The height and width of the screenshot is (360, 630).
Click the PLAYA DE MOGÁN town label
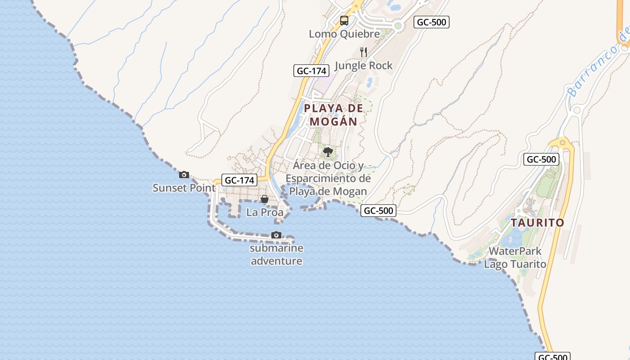pos(333,115)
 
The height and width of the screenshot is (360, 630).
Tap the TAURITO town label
pos(537,223)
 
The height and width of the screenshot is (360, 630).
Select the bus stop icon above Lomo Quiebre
pos(344,21)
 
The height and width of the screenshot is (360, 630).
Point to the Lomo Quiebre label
pos(344,34)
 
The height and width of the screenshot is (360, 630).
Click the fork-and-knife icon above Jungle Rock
pos(364,52)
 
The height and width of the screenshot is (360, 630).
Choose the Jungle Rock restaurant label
pos(364,66)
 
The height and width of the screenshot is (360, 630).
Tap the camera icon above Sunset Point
pos(184,175)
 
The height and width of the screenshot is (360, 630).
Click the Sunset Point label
pos(184,188)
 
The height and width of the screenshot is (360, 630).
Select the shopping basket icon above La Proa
pos(265,199)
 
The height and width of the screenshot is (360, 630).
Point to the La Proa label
pos(265,212)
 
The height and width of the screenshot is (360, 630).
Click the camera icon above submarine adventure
pos(276,235)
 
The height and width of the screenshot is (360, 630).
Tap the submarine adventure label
pos(276,255)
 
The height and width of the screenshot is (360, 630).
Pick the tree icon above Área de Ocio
pos(328,152)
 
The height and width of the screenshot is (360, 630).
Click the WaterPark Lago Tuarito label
pos(515,257)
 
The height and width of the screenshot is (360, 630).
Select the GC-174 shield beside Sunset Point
pos(240,180)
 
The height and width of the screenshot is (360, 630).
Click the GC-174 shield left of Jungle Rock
pos(311,71)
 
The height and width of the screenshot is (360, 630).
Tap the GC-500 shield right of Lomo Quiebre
pos(432,22)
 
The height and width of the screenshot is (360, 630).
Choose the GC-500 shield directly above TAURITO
pos(541,159)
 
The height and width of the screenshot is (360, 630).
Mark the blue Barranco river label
pos(599,65)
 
